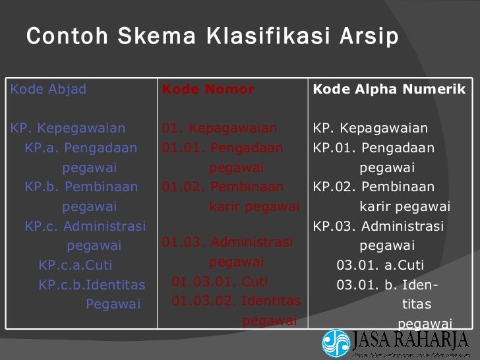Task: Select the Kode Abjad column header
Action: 49,90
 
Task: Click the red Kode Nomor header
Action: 208,90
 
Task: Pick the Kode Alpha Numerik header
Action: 389,90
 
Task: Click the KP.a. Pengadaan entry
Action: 81,148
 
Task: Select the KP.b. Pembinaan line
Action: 81,187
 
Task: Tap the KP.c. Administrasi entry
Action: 85,227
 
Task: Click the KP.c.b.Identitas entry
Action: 92,285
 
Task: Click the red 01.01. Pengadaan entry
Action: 222,148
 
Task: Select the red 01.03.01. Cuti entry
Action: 220,282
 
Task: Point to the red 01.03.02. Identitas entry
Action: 236,302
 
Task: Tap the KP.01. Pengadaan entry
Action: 374,148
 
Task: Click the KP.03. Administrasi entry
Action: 378,227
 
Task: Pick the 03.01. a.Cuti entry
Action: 380,266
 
